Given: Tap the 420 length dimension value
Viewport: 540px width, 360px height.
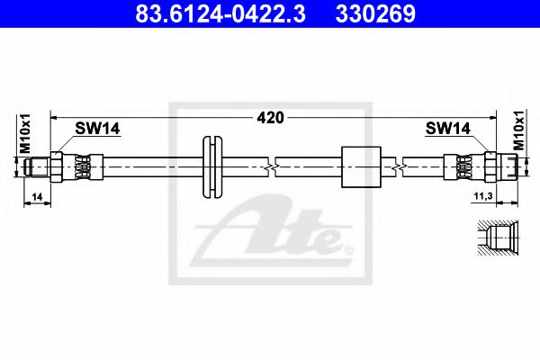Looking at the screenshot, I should tap(271, 117).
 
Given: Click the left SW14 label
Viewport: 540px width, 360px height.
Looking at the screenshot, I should tap(95, 130).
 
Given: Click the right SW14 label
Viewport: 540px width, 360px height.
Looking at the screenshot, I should tap(448, 130).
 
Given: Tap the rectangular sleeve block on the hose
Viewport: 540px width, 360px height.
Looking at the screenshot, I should tap(363, 166).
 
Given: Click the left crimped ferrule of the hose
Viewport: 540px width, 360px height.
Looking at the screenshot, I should tap(81, 166).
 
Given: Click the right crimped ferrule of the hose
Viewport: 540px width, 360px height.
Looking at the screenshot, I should tap(464, 166).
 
